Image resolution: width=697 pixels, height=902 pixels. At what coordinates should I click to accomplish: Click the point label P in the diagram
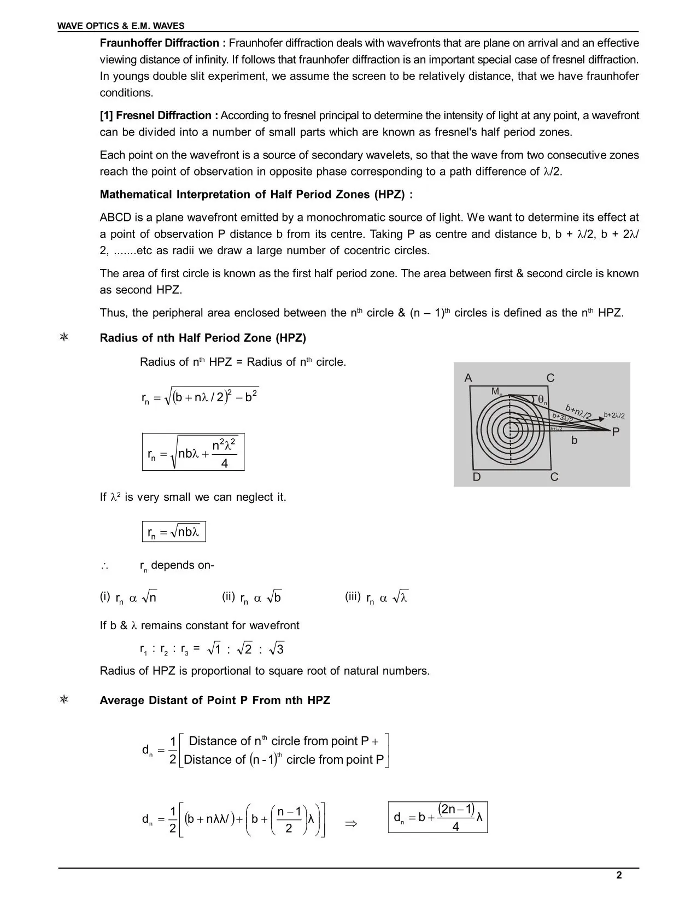click(616, 432)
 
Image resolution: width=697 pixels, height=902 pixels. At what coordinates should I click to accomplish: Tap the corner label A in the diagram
click(468, 378)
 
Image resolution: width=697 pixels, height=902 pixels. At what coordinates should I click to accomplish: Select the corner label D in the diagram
click(477, 477)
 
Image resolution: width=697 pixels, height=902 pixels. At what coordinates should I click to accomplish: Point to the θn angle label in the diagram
click(542, 400)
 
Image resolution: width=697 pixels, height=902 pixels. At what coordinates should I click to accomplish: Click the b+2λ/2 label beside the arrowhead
click(614, 415)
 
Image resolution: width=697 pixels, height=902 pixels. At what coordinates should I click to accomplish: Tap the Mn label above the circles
click(496, 391)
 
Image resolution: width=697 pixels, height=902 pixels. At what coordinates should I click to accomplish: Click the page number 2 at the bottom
click(619, 875)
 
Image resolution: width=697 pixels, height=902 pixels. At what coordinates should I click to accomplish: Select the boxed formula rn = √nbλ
click(174, 532)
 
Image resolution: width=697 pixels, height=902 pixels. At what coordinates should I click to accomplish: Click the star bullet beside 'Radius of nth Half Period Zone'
click(64, 337)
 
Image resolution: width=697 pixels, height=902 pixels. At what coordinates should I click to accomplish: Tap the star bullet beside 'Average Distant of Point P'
click(64, 700)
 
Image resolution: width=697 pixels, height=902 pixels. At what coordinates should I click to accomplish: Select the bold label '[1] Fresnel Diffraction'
click(159, 115)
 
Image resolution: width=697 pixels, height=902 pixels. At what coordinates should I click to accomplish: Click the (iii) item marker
click(353, 597)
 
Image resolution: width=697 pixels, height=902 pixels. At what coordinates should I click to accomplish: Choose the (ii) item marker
click(229, 597)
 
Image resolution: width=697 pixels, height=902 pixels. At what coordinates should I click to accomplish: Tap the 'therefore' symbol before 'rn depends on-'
click(104, 566)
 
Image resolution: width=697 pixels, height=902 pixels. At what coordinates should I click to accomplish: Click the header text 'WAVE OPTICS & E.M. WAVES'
click(121, 26)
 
